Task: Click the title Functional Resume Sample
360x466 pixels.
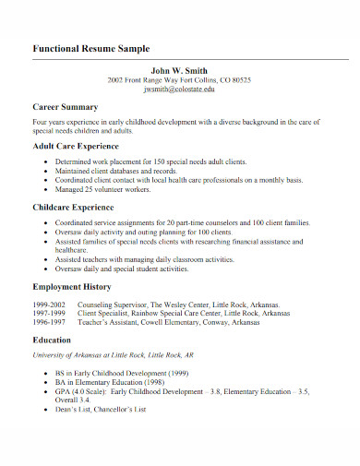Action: click(x=90, y=47)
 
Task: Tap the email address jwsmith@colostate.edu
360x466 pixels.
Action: click(x=179, y=90)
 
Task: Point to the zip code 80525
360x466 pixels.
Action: click(x=241, y=80)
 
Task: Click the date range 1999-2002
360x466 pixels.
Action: click(x=49, y=304)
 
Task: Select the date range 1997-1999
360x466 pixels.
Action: click(x=49, y=313)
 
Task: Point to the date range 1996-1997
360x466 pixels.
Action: click(x=49, y=322)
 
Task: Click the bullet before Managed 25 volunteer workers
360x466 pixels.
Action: click(x=45, y=189)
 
